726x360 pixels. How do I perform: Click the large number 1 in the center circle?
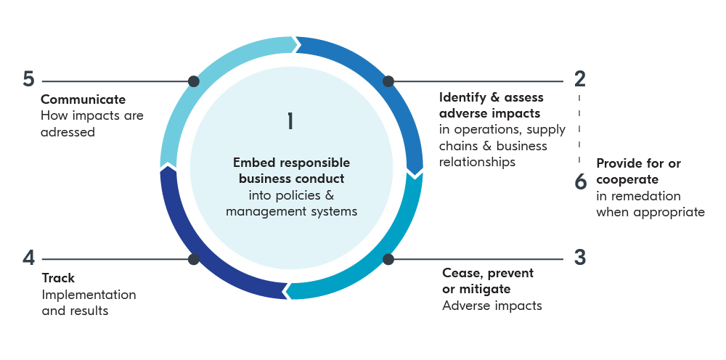[x=290, y=120]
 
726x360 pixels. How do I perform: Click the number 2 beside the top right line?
[x=579, y=79]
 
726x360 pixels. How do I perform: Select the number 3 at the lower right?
[x=580, y=258]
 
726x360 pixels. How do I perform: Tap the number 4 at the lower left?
[x=29, y=258]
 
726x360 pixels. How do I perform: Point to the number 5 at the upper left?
[x=29, y=79]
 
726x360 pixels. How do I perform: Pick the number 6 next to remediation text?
[x=580, y=181]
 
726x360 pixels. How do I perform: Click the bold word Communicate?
[x=83, y=99]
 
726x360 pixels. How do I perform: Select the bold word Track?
[x=58, y=278]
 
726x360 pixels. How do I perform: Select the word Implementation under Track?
[x=89, y=295]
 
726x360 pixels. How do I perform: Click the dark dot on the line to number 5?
[x=193, y=81]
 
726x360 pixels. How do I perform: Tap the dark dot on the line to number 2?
[x=388, y=81]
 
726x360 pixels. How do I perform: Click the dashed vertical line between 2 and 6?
[x=579, y=127]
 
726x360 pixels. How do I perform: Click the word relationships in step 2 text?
[x=477, y=163]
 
